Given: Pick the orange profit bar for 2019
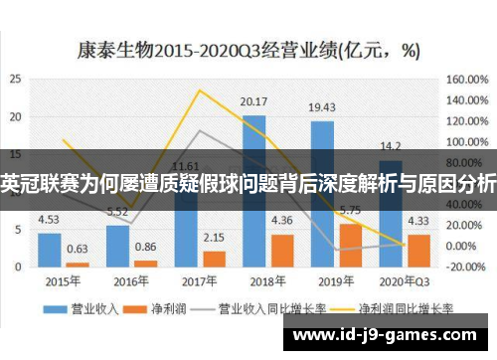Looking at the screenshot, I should click(x=350, y=246).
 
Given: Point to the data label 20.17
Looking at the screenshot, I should click(x=254, y=101).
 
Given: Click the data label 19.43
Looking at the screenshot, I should click(x=322, y=107).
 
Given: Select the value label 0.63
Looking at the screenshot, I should click(x=77, y=249).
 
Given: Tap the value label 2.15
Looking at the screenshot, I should click(x=213, y=239).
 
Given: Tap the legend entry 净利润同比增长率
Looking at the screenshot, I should click(x=382, y=308).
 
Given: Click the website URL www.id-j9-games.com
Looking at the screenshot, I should click(x=389, y=337).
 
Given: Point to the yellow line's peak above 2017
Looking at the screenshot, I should click(x=200, y=91).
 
